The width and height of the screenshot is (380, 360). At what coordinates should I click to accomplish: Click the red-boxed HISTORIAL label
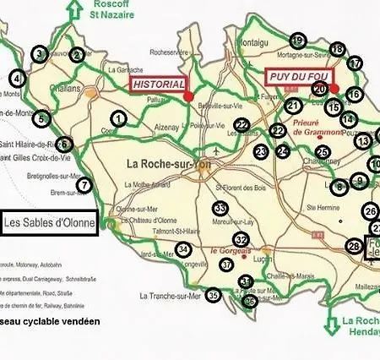point(156,85)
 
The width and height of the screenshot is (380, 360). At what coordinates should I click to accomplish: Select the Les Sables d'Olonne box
point(49,224)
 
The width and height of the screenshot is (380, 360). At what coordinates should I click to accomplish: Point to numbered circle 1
point(118,119)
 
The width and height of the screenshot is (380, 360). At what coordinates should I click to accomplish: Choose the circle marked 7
point(84,185)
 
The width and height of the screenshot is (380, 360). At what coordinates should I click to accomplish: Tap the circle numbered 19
point(297,41)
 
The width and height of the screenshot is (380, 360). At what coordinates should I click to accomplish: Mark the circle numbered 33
point(220,208)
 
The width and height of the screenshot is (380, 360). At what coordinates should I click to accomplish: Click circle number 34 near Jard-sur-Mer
point(183,249)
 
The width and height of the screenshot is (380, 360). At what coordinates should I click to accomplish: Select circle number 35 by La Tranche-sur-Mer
point(214,295)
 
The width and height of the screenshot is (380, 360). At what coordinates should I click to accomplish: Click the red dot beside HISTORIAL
point(187,95)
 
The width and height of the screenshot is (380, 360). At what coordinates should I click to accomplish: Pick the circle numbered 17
point(355,63)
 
